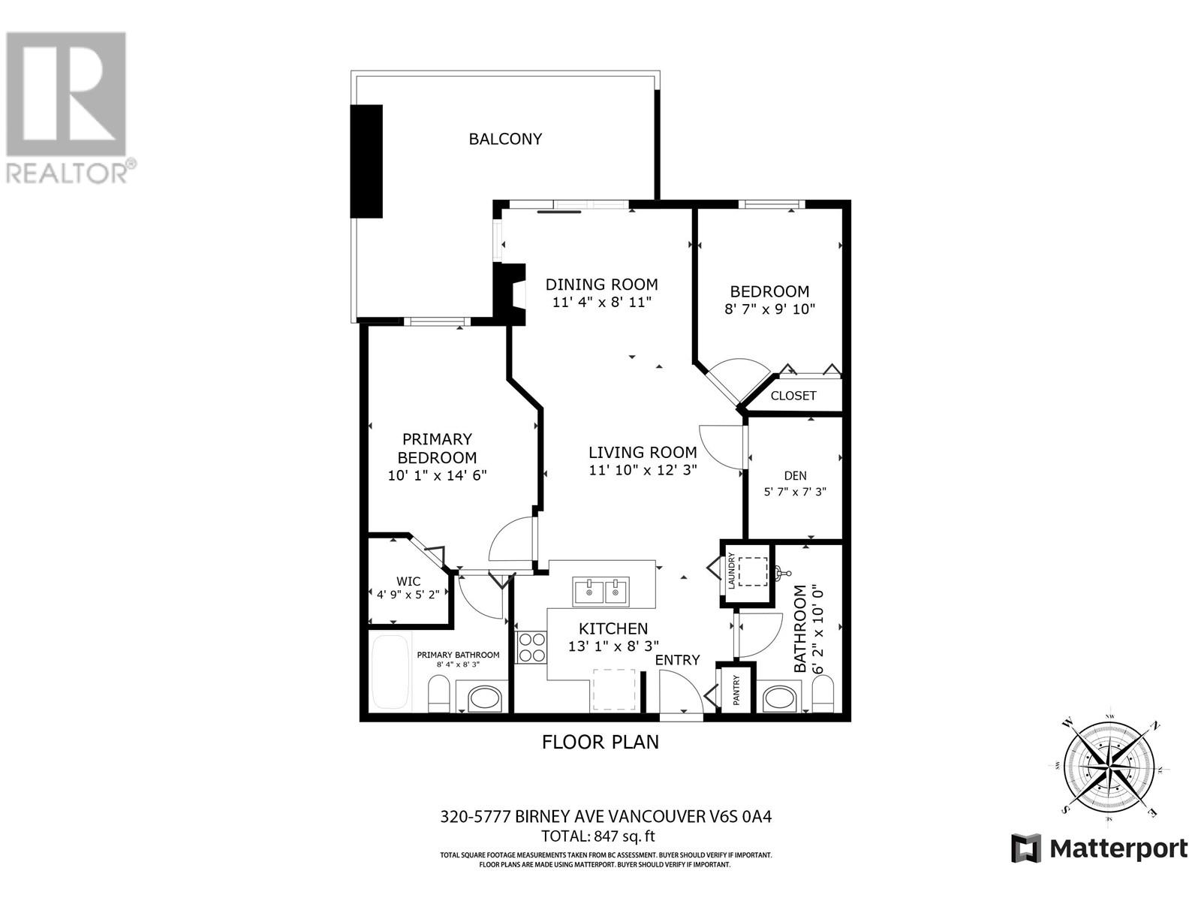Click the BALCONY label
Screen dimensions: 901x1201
(x=505, y=139)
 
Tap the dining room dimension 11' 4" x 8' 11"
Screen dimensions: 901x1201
(x=601, y=303)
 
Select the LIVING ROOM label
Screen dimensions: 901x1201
(x=643, y=453)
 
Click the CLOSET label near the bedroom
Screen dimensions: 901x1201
(x=793, y=396)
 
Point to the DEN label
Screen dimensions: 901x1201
(x=795, y=475)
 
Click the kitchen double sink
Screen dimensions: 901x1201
(x=600, y=592)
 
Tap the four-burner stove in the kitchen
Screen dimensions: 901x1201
(x=532, y=647)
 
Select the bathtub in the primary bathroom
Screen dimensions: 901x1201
(x=390, y=672)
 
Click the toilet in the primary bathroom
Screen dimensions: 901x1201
(x=438, y=693)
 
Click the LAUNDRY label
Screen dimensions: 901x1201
(x=730, y=572)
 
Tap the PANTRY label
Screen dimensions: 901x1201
(x=736, y=690)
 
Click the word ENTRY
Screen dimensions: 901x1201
(x=677, y=660)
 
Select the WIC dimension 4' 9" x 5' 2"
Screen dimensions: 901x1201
(x=408, y=594)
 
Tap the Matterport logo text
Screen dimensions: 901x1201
(x=1118, y=848)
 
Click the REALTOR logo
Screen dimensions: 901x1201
(x=68, y=105)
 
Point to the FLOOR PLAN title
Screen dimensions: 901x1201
(x=600, y=742)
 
